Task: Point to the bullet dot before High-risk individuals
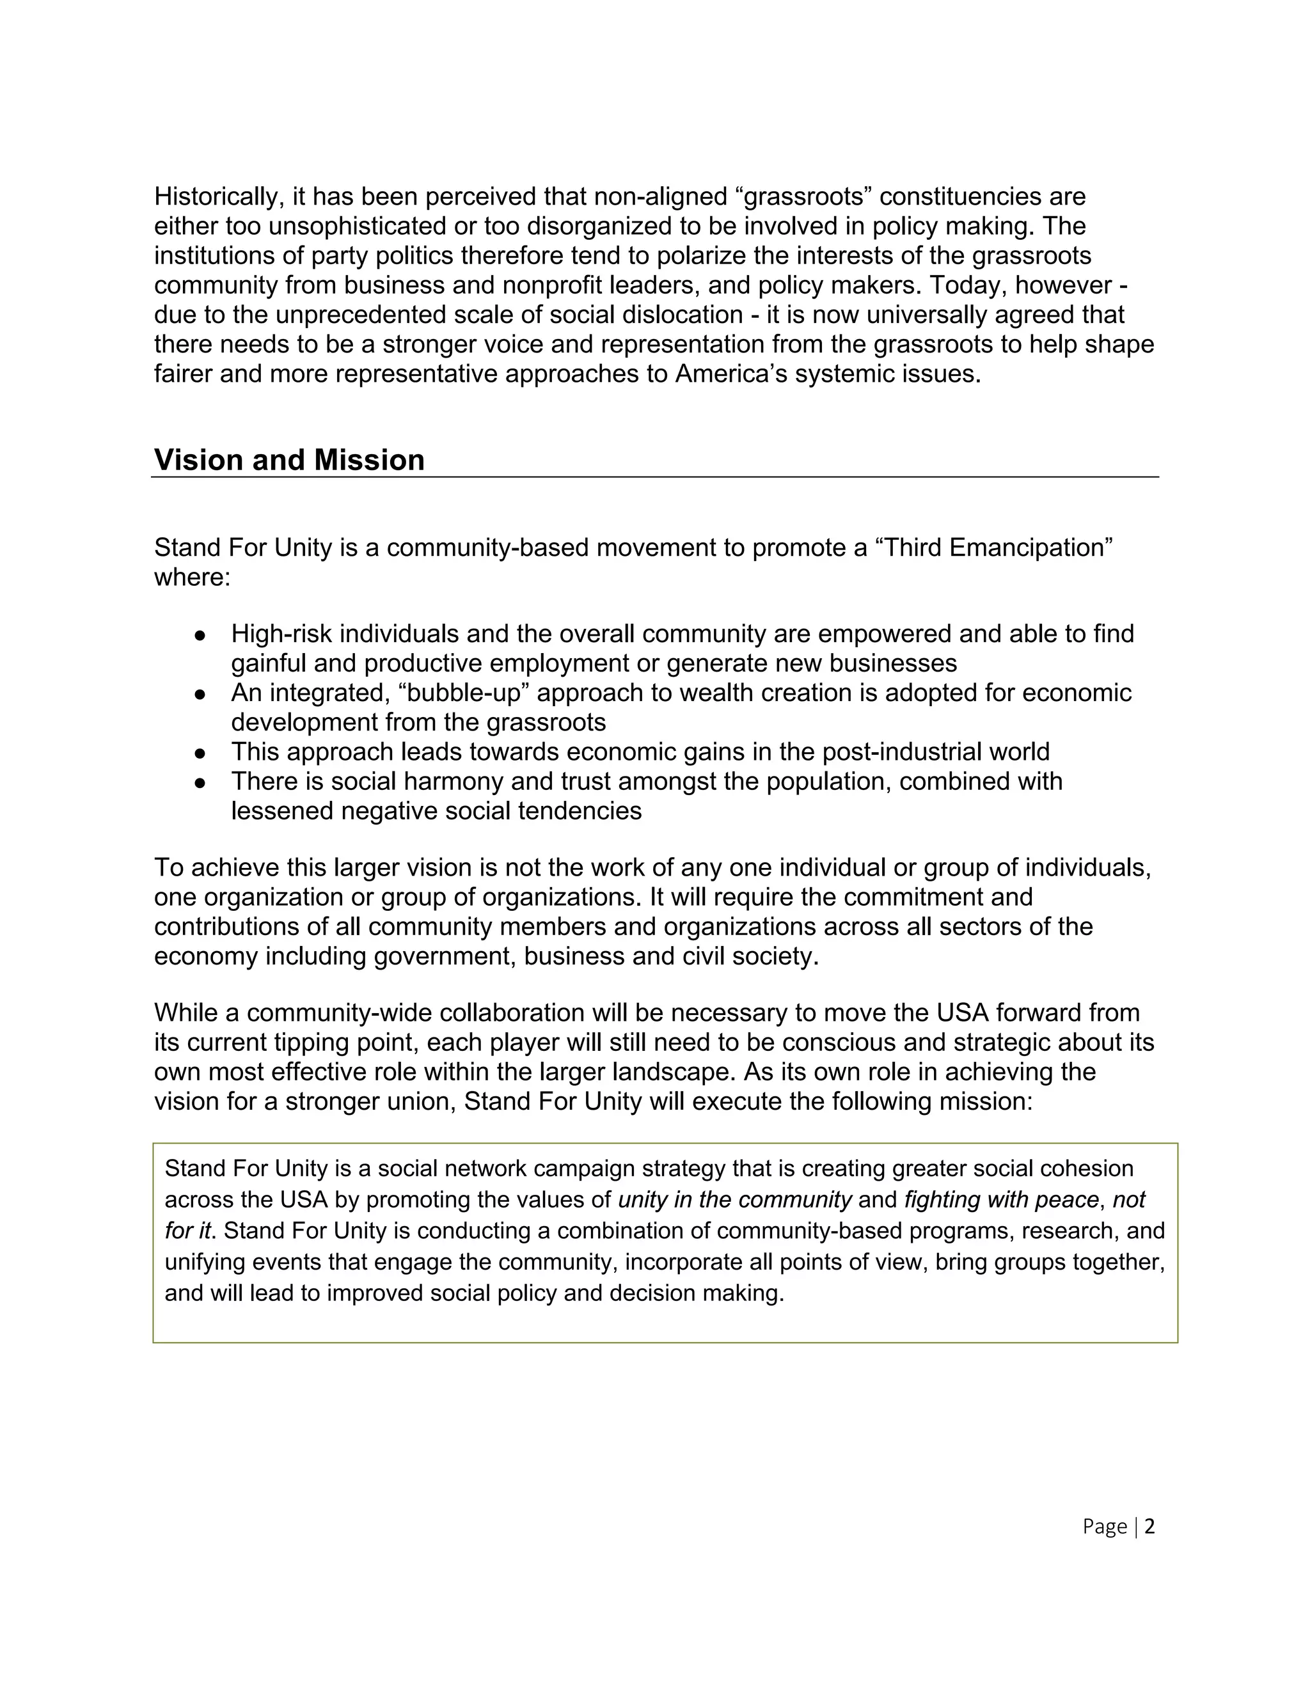200,635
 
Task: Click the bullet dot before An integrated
200,694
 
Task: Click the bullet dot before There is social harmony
200,782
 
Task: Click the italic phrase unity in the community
735,1200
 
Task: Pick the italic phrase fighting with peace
1001,1200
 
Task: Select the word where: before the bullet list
193,578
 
